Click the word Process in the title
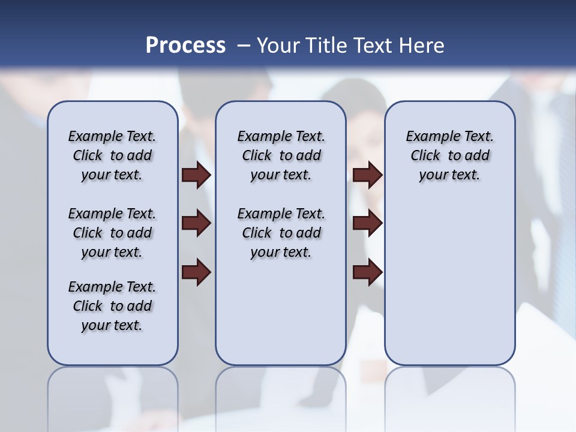coord(185,45)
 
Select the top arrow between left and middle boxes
coord(196,175)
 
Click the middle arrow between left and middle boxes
coord(196,224)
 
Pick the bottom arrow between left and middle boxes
coord(196,272)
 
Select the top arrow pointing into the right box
coord(367,175)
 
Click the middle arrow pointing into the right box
coord(367,224)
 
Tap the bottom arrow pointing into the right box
coord(367,272)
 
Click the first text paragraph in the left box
coord(112,155)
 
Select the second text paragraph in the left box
coord(112,233)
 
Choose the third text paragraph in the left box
coord(112,306)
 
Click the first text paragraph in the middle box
coord(281,155)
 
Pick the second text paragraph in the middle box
coord(281,233)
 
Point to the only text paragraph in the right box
coord(449,155)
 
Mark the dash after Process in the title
coord(244,46)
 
